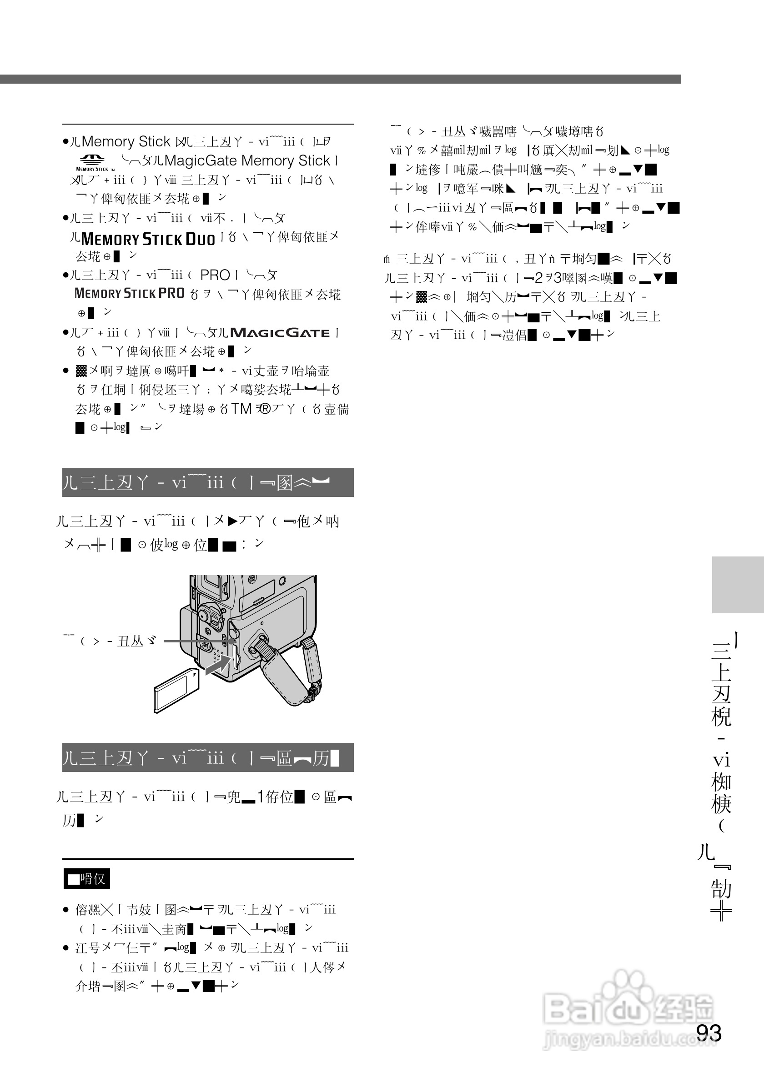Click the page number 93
coord(709,1032)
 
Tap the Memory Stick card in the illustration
coord(176,690)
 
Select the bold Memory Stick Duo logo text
coord(148,239)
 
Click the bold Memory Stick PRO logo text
coord(130,294)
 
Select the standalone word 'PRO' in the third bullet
coord(215,275)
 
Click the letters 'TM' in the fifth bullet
coord(241,409)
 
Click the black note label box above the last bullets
coord(87,878)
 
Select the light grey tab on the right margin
coord(738,584)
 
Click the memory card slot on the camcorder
coord(234,656)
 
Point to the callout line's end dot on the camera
coord(236,641)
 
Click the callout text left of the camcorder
coord(110,641)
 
